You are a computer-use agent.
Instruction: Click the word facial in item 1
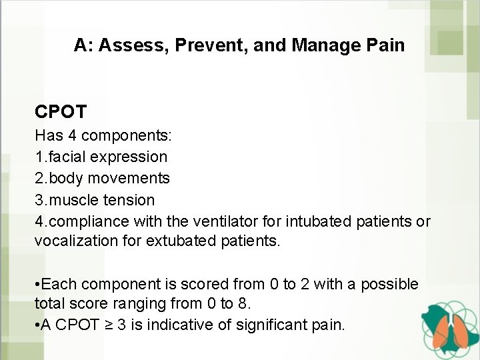[x=65, y=157]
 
